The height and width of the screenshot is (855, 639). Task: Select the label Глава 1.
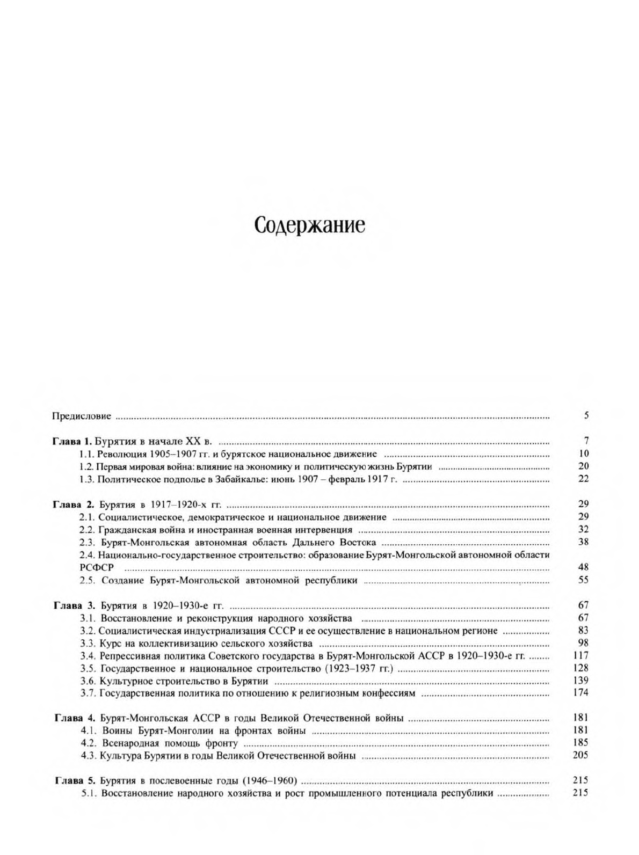(72, 442)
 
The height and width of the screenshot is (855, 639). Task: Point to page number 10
(584, 454)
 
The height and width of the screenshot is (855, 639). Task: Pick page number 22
(584, 479)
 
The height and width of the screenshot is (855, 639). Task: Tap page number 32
(584, 530)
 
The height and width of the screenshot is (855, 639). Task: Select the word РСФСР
(93, 568)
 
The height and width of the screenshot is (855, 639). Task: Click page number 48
(584, 567)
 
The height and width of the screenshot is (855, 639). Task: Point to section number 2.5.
(87, 580)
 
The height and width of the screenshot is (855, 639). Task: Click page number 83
(584, 631)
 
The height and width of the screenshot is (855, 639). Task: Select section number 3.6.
(88, 681)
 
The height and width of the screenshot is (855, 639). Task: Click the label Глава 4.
(76, 718)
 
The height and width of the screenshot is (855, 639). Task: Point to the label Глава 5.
(76, 781)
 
